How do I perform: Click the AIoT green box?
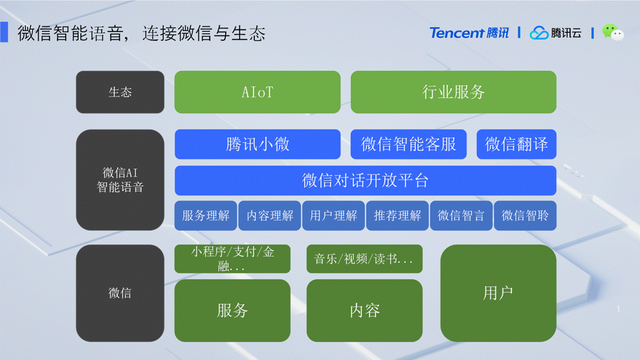pos(257,92)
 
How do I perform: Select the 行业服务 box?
pos(454,92)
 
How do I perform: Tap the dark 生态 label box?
pos(120,92)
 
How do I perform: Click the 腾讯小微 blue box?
pos(257,144)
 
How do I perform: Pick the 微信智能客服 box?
pos(408,144)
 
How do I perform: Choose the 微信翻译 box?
pos(516,144)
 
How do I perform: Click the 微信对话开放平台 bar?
pos(366,181)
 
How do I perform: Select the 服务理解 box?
pos(206,215)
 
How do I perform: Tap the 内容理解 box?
pos(270,215)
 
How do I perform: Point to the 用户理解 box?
pos(333,215)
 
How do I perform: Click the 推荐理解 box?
pos(397,215)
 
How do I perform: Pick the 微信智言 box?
pos(461,215)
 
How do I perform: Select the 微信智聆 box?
pos(525,215)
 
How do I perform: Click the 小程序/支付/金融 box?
pos(232,259)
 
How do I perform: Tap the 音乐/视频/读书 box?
pos(365,259)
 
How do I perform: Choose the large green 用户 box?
pos(499,293)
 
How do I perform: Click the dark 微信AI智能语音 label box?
pos(120,180)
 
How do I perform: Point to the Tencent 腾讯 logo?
pos(469,33)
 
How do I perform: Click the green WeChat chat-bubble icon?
pos(613,32)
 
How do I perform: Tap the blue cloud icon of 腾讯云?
pos(539,33)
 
